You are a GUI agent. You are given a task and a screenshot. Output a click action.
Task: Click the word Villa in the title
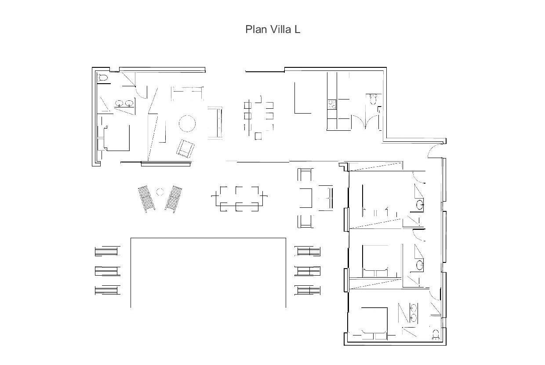(281, 29)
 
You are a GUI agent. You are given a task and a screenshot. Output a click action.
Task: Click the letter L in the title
(297, 29)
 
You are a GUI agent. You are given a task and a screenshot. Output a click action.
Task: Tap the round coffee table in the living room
(187, 124)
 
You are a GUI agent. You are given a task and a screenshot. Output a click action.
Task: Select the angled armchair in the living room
(185, 149)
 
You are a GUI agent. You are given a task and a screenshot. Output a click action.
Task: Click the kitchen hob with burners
(332, 104)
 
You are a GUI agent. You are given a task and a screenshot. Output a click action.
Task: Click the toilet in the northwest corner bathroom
(103, 78)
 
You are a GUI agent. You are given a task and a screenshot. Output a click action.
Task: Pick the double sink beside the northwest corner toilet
(124, 103)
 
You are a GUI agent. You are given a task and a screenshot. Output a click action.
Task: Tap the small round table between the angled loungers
(160, 192)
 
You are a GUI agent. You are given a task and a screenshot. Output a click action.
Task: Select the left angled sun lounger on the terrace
(146, 199)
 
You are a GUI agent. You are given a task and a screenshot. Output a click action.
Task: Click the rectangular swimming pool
(208, 273)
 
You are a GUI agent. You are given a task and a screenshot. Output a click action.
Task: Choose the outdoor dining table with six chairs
(239, 199)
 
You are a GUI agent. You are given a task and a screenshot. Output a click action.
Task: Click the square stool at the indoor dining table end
(258, 136)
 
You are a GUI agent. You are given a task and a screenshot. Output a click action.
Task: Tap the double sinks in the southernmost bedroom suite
(414, 313)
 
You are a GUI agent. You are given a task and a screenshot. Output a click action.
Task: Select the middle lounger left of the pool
(108, 271)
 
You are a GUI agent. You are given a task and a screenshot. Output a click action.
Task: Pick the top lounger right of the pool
(308, 251)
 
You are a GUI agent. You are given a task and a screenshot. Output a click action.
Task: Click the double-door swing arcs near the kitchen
(365, 121)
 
